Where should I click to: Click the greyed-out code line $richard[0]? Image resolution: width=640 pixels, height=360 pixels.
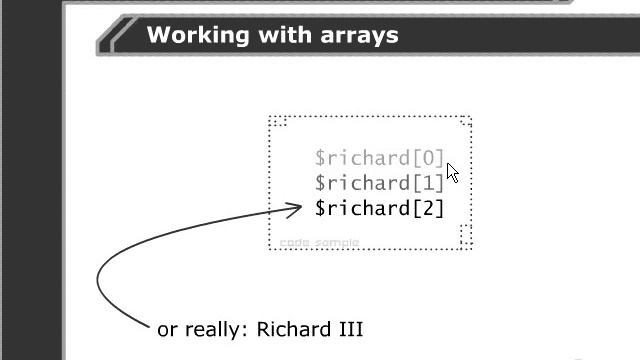click(x=378, y=158)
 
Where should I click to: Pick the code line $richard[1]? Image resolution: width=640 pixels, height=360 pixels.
click(x=378, y=183)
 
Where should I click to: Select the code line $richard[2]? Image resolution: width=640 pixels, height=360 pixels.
click(x=378, y=208)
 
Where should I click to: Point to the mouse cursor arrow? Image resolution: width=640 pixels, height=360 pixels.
click(x=452, y=172)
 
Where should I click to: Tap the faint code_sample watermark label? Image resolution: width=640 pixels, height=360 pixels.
click(x=319, y=243)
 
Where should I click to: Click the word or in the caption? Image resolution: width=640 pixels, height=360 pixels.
click(x=168, y=330)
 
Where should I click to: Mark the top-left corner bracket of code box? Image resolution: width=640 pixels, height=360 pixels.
click(x=278, y=123)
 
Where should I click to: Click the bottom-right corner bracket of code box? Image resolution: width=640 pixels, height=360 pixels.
click(x=465, y=236)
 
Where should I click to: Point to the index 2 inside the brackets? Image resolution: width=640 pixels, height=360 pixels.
click(x=426, y=208)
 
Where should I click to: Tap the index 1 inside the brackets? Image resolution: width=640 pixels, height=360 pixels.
click(x=426, y=183)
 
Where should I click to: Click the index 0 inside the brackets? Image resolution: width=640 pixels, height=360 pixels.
click(x=426, y=158)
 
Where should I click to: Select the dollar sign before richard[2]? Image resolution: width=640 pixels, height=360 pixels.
click(x=320, y=208)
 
